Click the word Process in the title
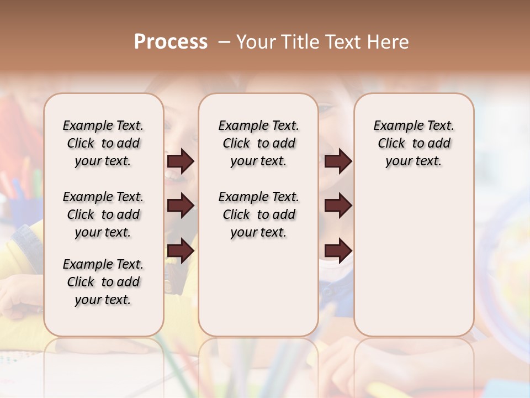point(171,42)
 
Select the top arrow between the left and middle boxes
point(181,161)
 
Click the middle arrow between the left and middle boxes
point(181,206)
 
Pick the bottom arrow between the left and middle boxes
point(181,250)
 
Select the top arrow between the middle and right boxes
point(338,161)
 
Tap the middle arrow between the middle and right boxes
point(338,206)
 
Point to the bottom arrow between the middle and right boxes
point(338,250)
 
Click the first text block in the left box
point(103,143)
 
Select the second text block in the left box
point(103,214)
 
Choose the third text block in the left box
point(103,282)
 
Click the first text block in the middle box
point(258,143)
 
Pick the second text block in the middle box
point(258,214)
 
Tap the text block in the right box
point(414,143)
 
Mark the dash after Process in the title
point(224,42)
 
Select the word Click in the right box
point(391,144)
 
